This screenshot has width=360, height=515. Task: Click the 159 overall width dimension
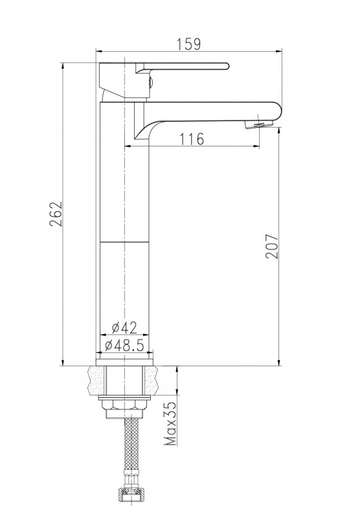pos(188,44)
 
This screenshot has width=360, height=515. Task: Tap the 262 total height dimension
pos(56,214)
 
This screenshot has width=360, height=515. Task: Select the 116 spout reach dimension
pos(192,139)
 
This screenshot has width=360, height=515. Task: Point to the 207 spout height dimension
pos(272,246)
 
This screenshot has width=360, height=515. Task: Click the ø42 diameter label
pos(124,327)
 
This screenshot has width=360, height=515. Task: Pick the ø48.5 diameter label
pos(124,345)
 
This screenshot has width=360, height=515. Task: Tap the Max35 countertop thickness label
pos(171,424)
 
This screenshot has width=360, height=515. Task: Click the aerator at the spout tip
pos(259,124)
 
